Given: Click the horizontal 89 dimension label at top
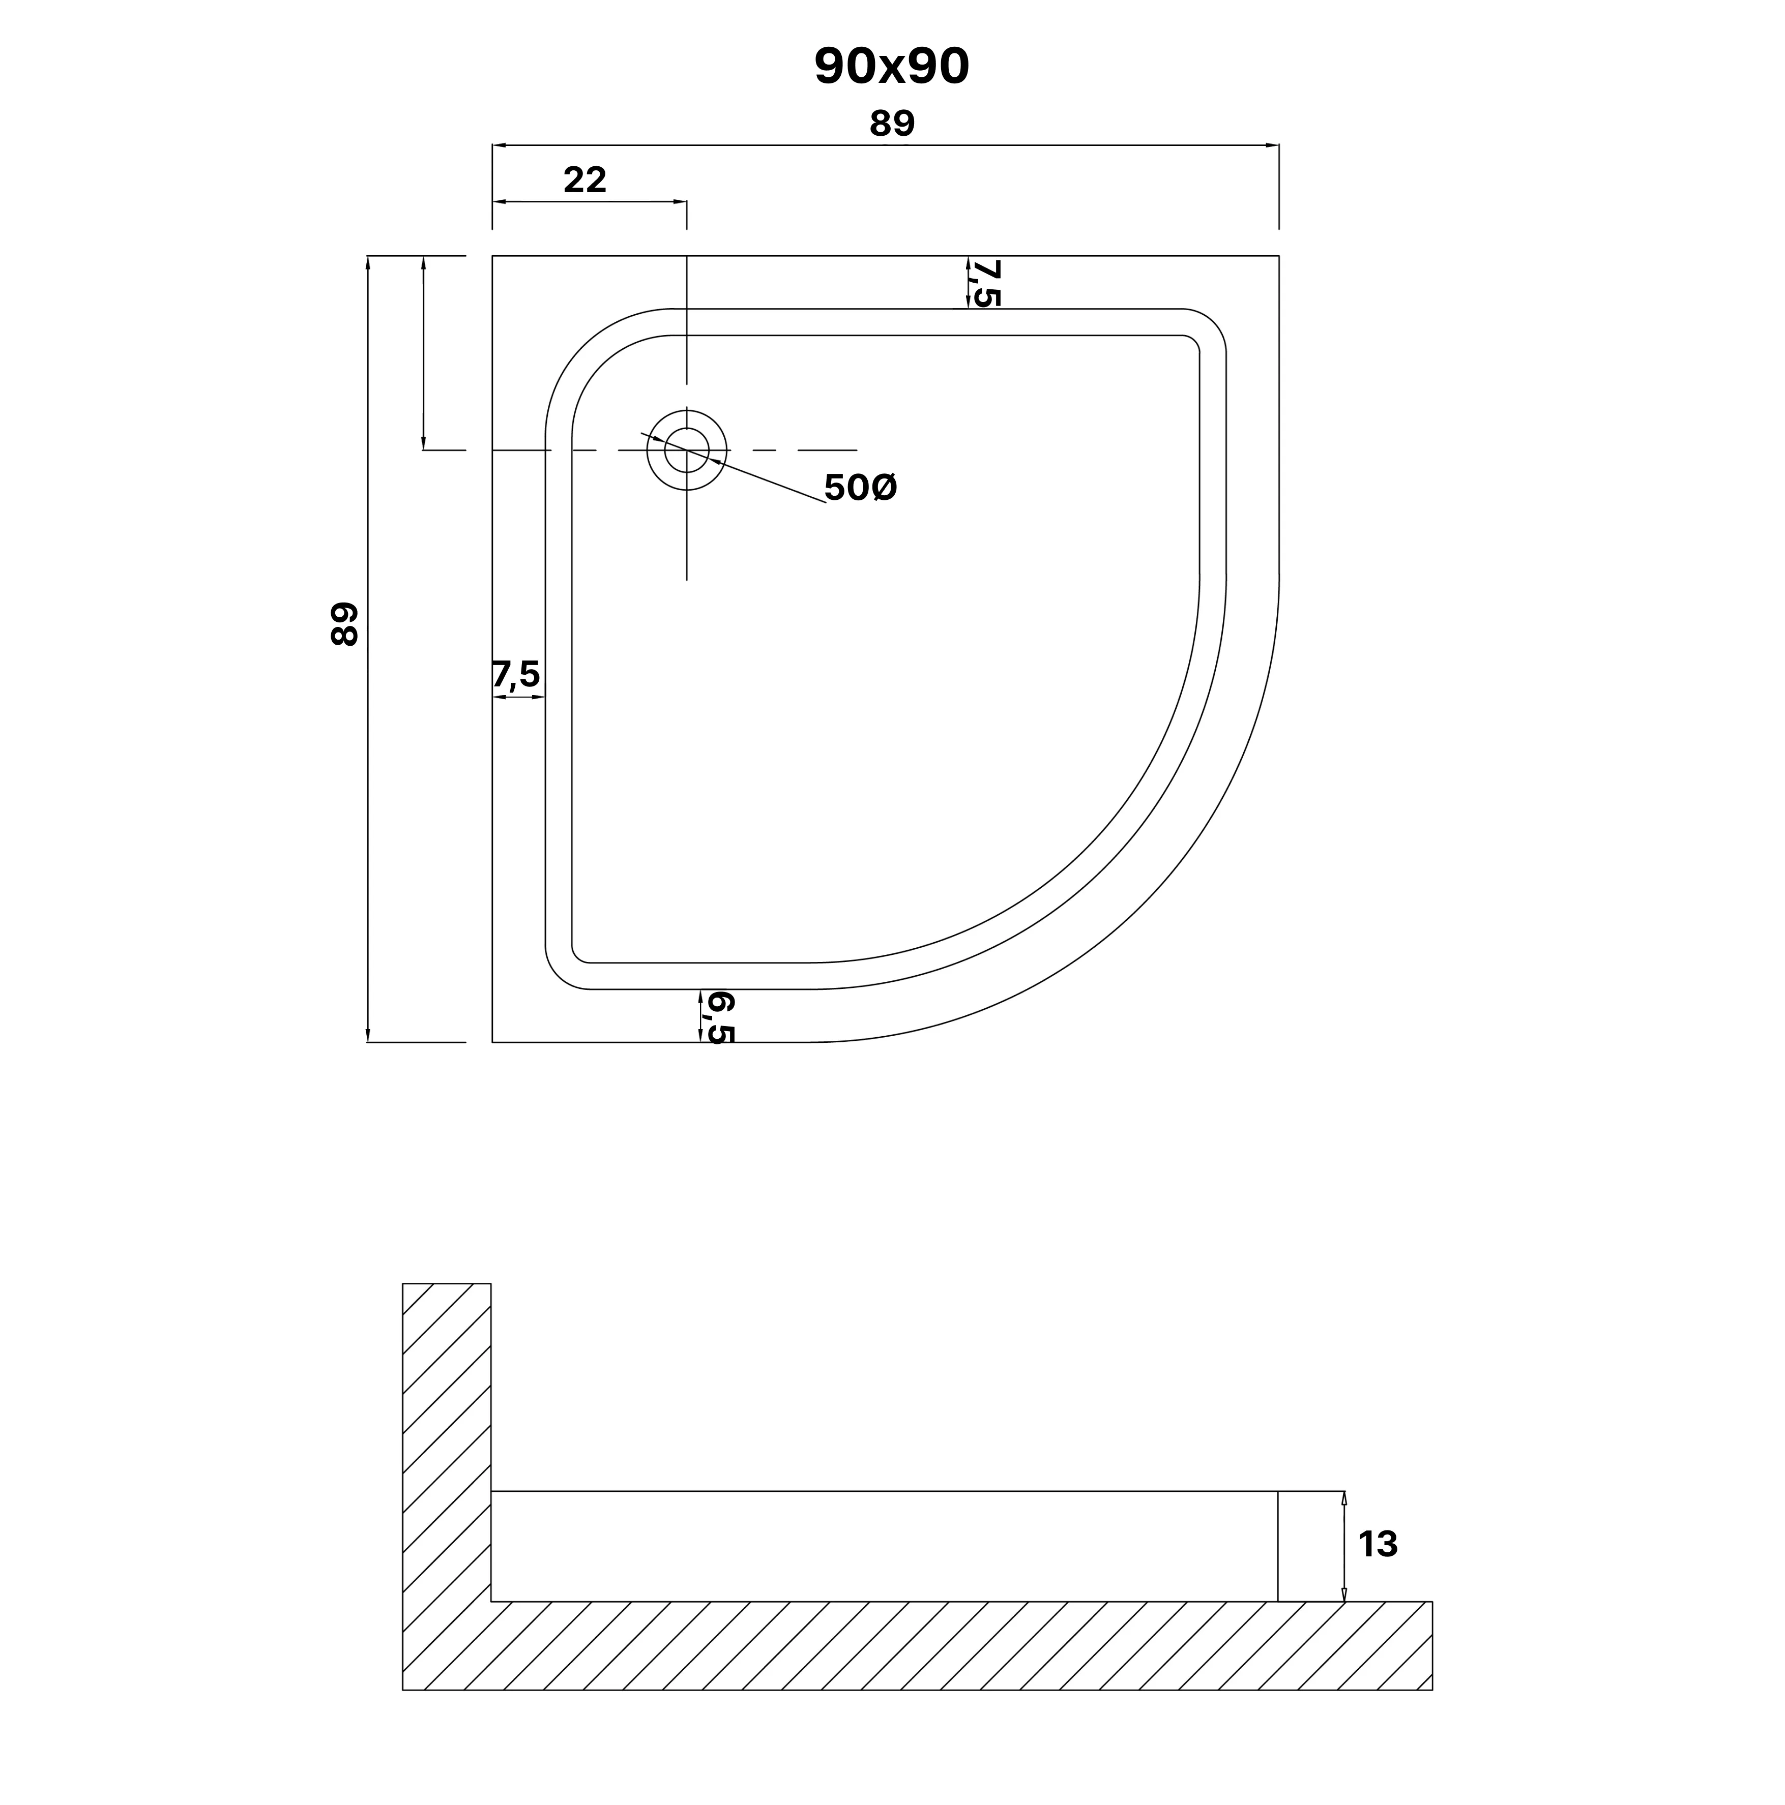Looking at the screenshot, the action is [x=892, y=124].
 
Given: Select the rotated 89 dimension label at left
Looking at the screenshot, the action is [x=344, y=624].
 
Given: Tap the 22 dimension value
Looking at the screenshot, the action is [x=585, y=179].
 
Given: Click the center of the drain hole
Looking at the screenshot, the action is [x=687, y=449].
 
